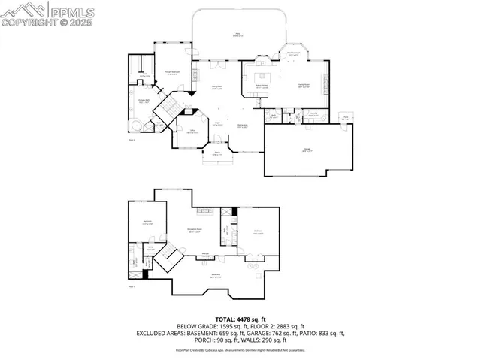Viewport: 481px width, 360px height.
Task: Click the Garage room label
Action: point(308,150)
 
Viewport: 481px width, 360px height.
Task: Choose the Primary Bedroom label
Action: point(171,73)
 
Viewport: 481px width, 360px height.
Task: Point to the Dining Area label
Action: point(243,126)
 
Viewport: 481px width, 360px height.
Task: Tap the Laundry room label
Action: point(313,115)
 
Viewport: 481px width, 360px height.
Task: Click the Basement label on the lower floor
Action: point(216,277)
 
